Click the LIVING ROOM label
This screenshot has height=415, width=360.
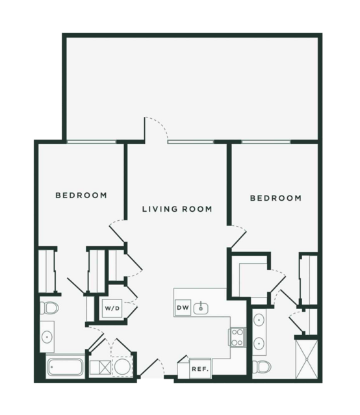point(177,209)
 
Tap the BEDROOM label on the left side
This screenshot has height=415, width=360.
point(81,195)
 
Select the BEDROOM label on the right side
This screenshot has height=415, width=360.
point(276,198)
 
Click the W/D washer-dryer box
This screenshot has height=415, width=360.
point(112,308)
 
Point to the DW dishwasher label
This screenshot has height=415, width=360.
point(183,308)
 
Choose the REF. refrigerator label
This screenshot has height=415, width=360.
point(200,369)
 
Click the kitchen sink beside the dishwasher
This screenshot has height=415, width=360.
point(201,308)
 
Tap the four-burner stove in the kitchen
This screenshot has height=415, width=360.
point(237,337)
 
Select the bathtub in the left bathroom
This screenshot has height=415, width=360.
point(65,367)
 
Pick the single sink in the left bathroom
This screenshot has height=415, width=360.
point(47,337)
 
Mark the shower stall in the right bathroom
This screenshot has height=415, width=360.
point(307,359)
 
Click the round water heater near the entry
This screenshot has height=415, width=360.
point(123,366)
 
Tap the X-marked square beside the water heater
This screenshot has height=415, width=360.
point(105,367)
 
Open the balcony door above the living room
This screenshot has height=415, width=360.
point(156,130)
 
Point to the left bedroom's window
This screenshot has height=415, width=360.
point(92,142)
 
